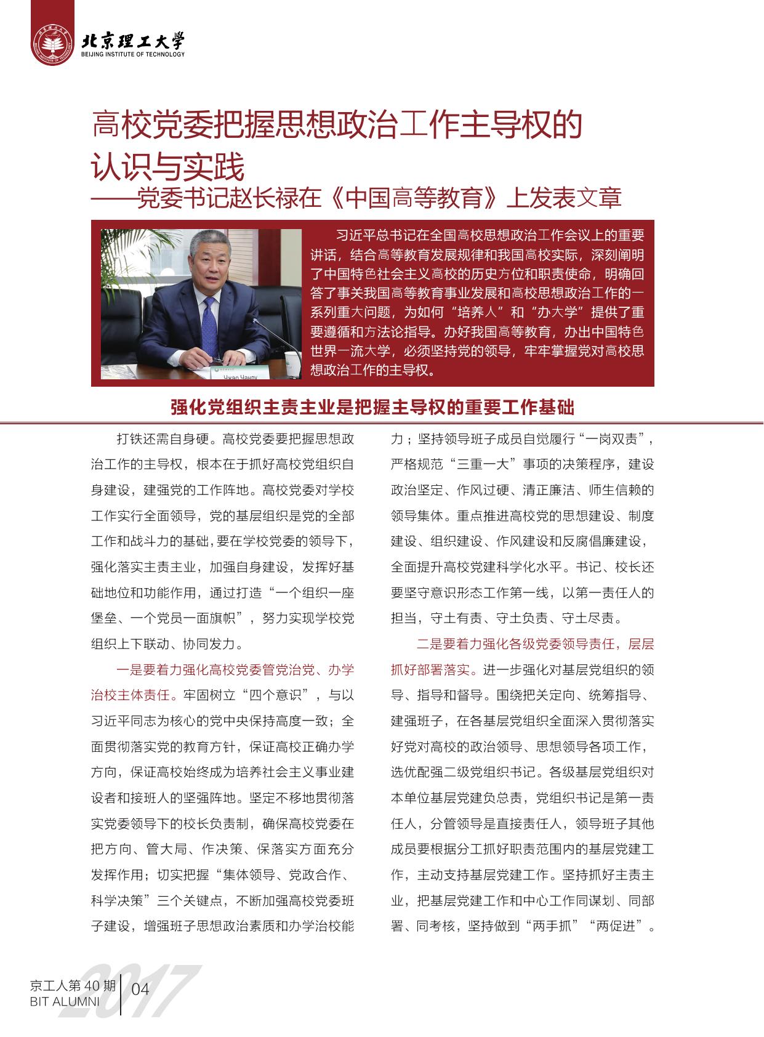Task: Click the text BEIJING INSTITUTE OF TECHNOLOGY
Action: click(x=132, y=54)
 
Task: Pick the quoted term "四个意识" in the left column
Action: click(x=275, y=695)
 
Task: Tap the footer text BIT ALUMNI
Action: click(x=64, y=1001)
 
